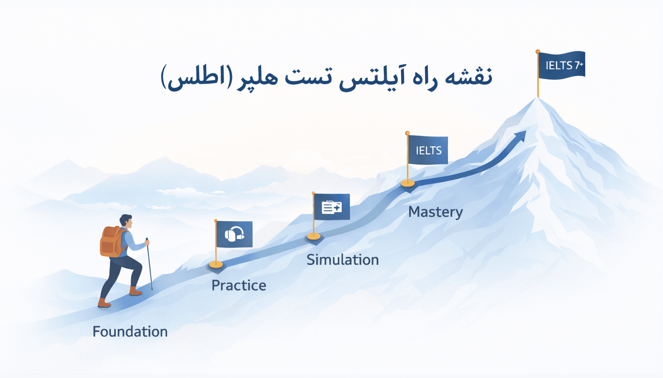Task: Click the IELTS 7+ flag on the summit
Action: pos(562,65)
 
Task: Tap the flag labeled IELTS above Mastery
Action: pos(428,150)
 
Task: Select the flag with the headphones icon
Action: pos(234,234)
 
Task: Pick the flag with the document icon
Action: pos(331,207)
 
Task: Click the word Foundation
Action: pos(130,331)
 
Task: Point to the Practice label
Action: pos(239,285)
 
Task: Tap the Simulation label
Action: pos(343,260)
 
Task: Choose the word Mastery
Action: pos(436,212)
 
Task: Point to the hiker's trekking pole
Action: pos(149,264)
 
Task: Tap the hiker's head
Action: pos(126,221)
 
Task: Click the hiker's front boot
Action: pos(136,292)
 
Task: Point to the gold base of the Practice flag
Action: pos(216,264)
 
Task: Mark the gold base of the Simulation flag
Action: pos(314,236)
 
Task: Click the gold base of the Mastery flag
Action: pos(407,183)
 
